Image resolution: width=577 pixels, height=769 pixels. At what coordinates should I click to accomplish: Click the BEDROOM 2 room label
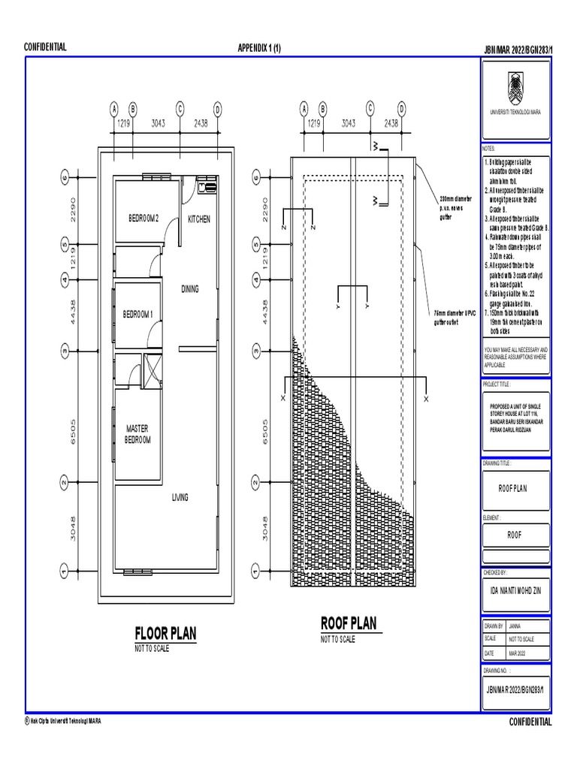pos(144,219)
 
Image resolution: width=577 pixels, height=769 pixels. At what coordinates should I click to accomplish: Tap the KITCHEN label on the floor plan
pos(199,219)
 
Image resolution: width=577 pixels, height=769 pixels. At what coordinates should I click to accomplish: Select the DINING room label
pos(190,289)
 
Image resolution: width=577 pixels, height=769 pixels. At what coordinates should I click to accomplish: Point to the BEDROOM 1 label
pos(138,314)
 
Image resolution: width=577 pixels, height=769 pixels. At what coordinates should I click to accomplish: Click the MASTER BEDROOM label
pos(137,434)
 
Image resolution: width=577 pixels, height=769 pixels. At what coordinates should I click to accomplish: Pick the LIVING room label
pos(180,497)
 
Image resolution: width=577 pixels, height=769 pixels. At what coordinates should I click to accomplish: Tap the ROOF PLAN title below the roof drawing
pos(349,624)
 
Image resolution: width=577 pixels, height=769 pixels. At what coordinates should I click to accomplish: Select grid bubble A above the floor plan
pos(115,108)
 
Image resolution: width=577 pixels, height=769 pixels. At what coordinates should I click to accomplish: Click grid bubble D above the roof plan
pos(402,108)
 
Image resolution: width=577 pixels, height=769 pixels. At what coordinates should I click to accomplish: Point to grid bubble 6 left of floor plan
pos(65,178)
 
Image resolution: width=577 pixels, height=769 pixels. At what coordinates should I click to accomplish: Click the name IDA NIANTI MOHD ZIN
pos(515,590)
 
